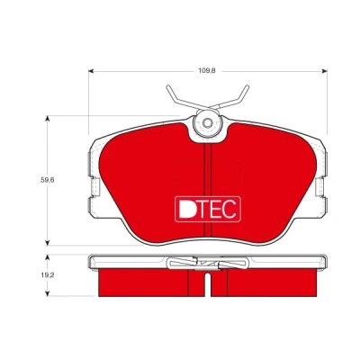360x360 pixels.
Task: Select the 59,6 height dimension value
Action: tap(48, 180)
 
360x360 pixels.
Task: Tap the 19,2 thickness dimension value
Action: tap(48, 275)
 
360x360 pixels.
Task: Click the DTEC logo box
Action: tap(208, 209)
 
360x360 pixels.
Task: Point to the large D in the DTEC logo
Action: tap(187, 209)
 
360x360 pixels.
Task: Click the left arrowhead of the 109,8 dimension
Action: tap(91, 71)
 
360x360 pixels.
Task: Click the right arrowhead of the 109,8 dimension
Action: tap(324, 71)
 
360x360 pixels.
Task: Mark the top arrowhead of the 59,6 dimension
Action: tap(47, 118)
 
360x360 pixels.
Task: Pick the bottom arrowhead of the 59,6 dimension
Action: tap(47, 243)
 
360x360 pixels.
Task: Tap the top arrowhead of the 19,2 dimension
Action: tap(47, 257)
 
